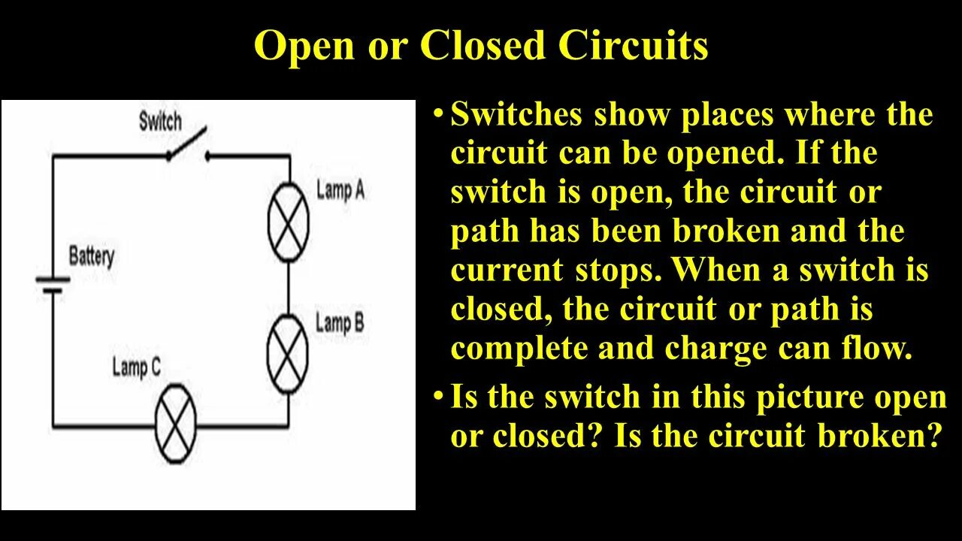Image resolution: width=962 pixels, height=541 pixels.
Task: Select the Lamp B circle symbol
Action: pos(289,353)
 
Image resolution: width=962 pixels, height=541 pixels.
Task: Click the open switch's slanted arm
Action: pos(186,144)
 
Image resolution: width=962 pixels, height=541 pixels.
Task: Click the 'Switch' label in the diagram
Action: pos(160,121)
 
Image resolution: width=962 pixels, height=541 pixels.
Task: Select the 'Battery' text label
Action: pos(92,256)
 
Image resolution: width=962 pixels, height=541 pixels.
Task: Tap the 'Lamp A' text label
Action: pos(340,190)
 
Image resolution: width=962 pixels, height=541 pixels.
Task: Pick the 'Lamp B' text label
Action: pos(340,323)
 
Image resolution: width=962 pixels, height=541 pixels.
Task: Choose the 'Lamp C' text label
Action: pos(137,367)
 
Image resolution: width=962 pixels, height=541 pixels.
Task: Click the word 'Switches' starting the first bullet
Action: pos(516,116)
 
